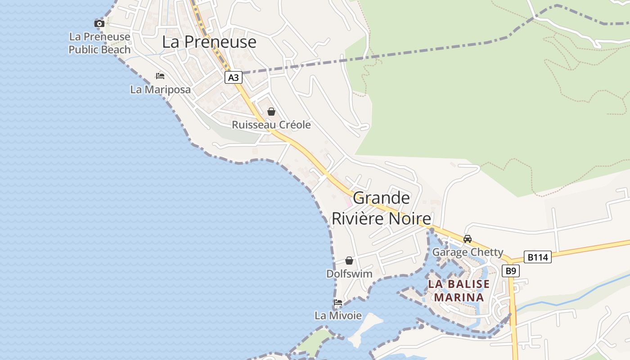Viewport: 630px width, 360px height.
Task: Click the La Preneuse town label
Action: tap(209, 42)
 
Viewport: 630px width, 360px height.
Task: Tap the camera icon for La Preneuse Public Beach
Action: tap(99, 23)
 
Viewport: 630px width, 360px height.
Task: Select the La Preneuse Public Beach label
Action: tap(99, 43)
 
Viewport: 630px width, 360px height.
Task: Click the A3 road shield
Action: tap(233, 77)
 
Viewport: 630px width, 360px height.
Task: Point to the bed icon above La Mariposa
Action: tap(160, 76)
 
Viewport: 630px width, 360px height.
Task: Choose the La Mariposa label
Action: tap(160, 90)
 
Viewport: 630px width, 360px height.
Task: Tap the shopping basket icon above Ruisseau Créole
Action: tap(271, 112)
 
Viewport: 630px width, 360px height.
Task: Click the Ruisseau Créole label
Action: tap(271, 125)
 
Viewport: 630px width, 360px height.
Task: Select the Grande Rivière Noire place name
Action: tap(381, 208)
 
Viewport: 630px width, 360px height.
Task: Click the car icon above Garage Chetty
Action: tap(468, 239)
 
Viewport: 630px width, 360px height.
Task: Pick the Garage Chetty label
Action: tap(468, 252)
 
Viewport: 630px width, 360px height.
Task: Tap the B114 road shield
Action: tap(537, 257)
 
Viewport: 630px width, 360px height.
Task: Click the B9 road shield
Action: tap(510, 271)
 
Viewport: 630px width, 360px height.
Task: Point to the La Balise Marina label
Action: tap(459, 291)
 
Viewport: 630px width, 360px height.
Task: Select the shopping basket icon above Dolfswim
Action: tap(349, 261)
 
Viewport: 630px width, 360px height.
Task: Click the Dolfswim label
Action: tap(349, 274)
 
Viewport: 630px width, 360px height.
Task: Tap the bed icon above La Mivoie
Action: tap(337, 302)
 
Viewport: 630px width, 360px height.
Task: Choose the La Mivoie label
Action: tap(338, 315)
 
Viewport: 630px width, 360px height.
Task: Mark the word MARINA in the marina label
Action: tap(459, 297)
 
